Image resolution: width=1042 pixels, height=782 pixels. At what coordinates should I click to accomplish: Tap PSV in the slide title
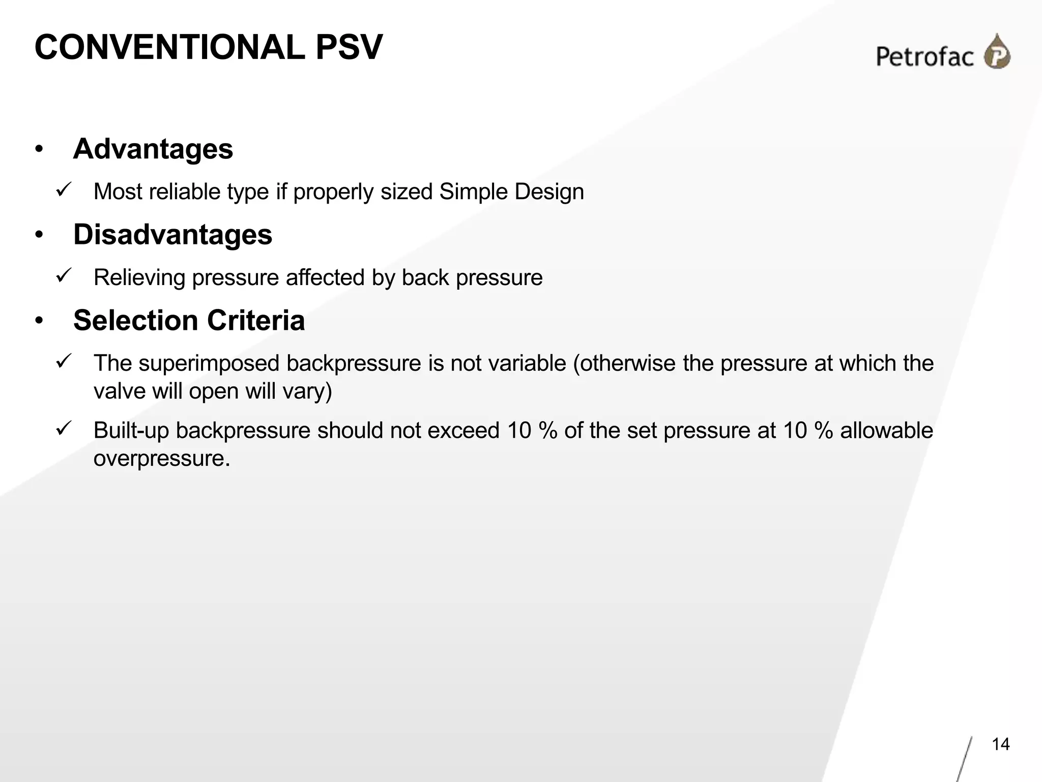(349, 47)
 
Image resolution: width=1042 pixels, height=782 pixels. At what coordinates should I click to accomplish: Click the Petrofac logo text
(924, 57)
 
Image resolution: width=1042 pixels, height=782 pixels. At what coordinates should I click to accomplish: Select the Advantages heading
(153, 149)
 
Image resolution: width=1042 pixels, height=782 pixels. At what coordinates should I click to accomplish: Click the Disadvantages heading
(172, 235)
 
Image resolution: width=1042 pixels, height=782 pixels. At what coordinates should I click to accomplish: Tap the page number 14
(1000, 744)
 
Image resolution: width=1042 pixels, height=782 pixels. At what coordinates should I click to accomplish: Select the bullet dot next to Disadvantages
(39, 235)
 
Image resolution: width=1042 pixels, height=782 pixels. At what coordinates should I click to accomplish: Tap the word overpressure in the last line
(162, 458)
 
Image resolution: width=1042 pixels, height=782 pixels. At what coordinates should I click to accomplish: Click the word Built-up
(131, 431)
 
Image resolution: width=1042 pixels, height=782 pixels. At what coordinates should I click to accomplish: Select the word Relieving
(139, 278)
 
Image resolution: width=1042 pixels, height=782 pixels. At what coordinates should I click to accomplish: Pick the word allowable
(886, 431)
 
